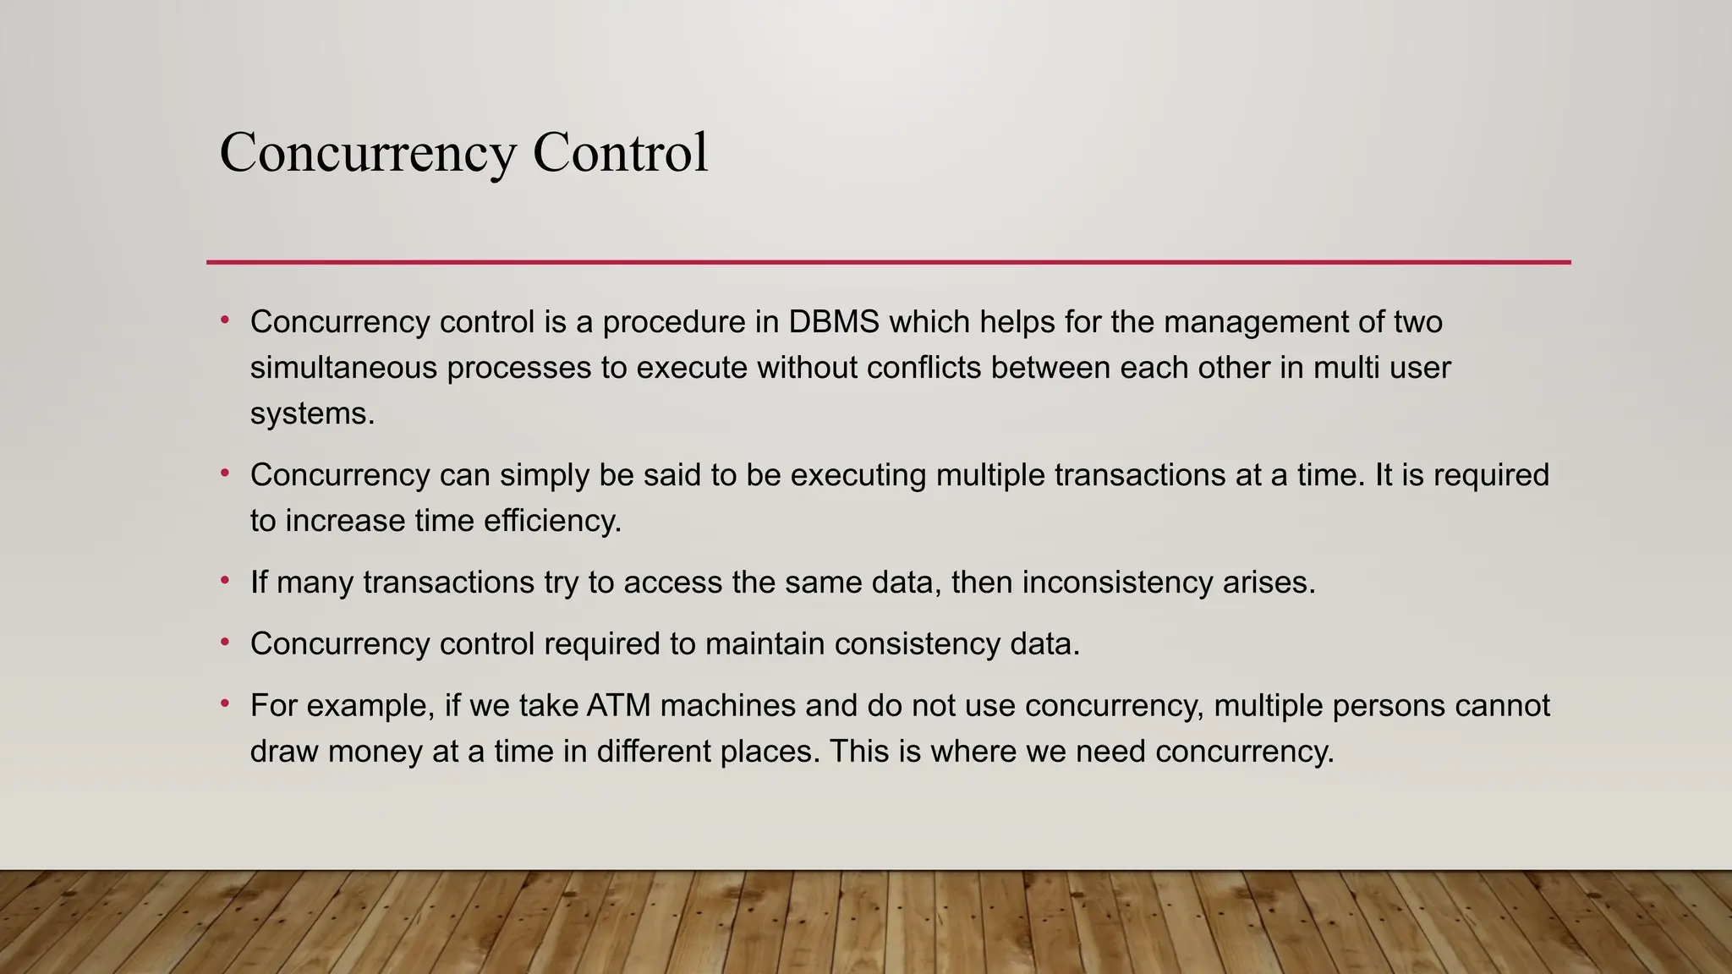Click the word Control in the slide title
(620, 153)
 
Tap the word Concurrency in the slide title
(367, 153)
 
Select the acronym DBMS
(834, 322)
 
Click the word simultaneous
(343, 368)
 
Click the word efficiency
(552, 521)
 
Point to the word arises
(1269, 583)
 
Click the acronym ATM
(618, 706)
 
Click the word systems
(311, 413)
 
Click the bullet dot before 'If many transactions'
(225, 581)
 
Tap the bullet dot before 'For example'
(225, 703)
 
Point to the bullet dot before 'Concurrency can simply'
(225, 473)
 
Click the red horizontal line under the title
(888, 262)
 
